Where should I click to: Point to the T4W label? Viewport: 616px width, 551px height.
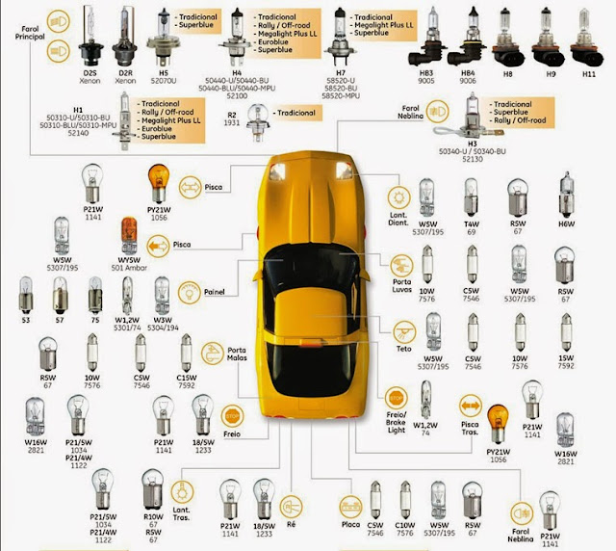point(471,223)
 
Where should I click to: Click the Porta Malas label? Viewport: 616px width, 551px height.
point(238,354)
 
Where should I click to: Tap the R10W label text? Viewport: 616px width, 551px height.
point(154,516)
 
